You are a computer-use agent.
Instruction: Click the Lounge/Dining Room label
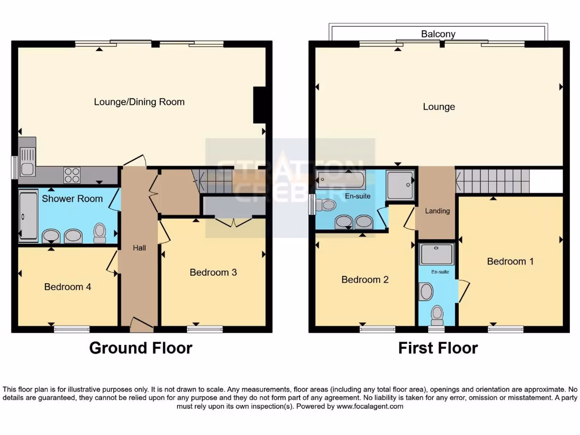click(139, 102)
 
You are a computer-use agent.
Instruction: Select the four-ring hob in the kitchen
click(72, 175)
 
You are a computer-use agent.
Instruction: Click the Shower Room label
click(72, 198)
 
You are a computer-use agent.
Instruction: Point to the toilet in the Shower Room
click(100, 232)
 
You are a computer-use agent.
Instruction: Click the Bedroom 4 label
click(67, 287)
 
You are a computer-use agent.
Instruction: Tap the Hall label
click(139, 248)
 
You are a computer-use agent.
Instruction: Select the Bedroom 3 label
click(213, 272)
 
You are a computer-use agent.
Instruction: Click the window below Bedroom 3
click(204, 329)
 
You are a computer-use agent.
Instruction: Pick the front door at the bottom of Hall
click(141, 325)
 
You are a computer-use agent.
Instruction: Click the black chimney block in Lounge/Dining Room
click(259, 105)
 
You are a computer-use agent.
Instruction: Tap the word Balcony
click(438, 34)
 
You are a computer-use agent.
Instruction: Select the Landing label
click(437, 211)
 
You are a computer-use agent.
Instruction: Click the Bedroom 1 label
click(510, 261)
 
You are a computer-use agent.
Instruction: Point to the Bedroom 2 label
click(365, 279)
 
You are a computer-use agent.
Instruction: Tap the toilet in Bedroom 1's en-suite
click(437, 313)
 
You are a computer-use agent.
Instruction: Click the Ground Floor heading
click(140, 348)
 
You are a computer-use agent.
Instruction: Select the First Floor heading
click(438, 348)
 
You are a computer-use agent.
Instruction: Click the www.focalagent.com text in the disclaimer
click(370, 406)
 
